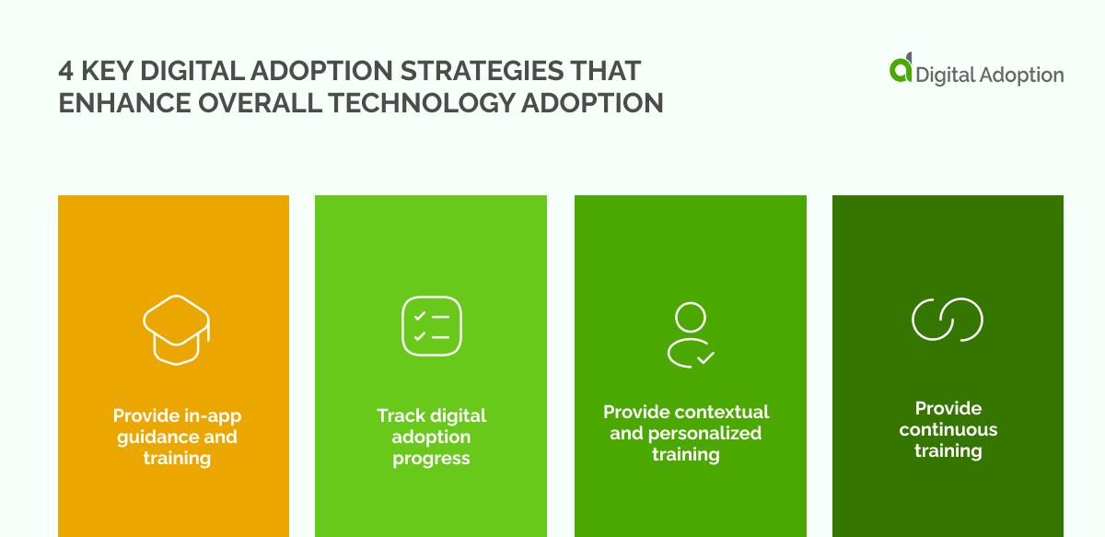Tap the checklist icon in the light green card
click(431, 325)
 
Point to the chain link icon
click(948, 320)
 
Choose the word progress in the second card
click(431, 458)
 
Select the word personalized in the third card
click(704, 433)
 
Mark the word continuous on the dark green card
click(948, 429)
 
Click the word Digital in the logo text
click(945, 76)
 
